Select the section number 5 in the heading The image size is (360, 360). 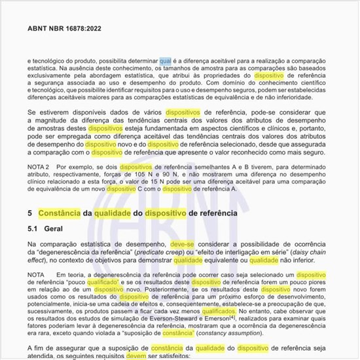[30, 213]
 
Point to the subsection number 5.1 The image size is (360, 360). [33, 230]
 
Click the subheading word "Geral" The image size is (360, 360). [54, 230]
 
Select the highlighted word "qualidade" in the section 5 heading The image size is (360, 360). [113, 213]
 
